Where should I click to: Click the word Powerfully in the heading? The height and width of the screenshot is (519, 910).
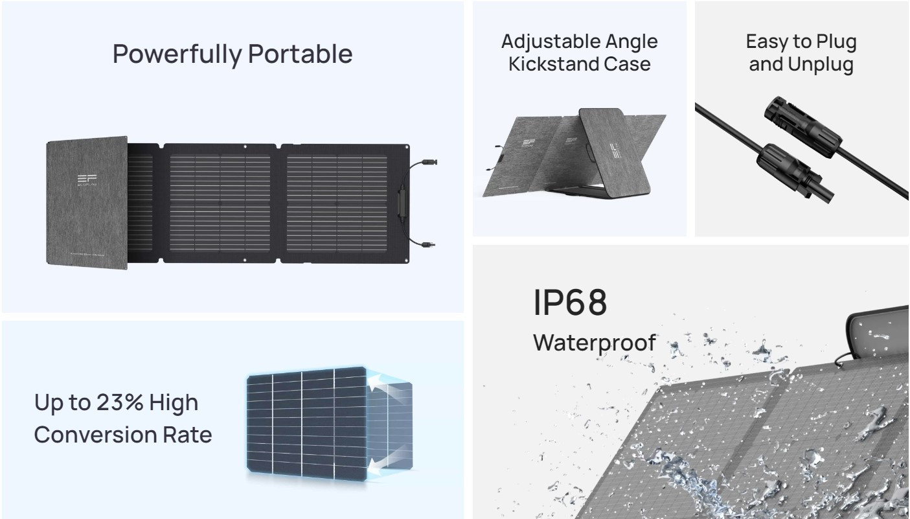click(x=177, y=54)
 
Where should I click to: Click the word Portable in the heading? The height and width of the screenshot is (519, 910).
click(x=301, y=54)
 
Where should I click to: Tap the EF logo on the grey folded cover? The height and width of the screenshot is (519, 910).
click(x=87, y=179)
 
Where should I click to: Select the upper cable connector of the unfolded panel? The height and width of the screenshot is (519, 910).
click(x=429, y=162)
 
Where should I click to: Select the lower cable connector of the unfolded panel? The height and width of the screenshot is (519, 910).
click(x=428, y=245)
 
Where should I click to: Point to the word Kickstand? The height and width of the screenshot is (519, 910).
click(x=553, y=64)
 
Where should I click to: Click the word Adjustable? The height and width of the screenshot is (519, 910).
click(x=544, y=42)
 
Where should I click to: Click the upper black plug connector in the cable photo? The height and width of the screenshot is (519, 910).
click(x=802, y=126)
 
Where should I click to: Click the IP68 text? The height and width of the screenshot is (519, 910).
click(x=570, y=303)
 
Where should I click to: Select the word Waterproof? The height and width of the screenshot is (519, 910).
click(x=595, y=343)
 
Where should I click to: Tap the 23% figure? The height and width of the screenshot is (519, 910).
click(x=120, y=402)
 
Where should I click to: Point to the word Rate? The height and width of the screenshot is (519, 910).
click(x=187, y=435)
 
